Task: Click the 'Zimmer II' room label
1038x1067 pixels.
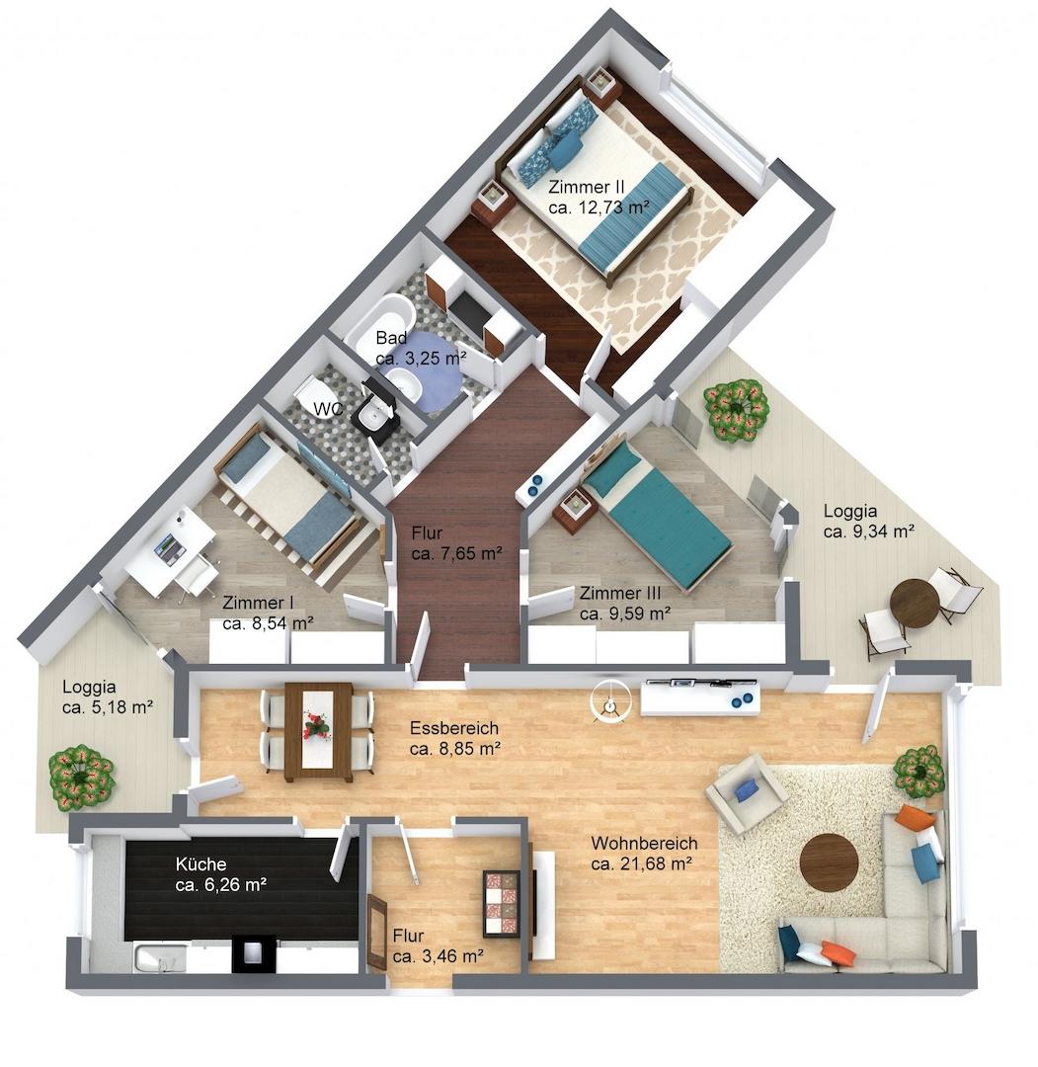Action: click(x=587, y=187)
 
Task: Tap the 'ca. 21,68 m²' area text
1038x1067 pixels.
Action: click(x=641, y=864)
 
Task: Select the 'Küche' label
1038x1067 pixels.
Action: click(x=200, y=864)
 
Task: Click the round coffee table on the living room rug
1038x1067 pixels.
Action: click(x=830, y=862)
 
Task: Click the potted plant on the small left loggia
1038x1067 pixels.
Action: click(x=81, y=778)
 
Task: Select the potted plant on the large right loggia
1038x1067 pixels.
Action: click(x=736, y=411)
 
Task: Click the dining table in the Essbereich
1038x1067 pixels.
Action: click(x=318, y=731)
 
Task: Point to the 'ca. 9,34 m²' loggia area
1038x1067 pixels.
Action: click(x=868, y=532)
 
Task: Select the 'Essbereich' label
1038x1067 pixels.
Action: click(x=454, y=728)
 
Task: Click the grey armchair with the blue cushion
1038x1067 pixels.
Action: click(x=747, y=792)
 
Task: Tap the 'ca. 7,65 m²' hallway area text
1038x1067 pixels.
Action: click(x=456, y=553)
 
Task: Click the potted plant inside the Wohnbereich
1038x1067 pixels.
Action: click(x=919, y=771)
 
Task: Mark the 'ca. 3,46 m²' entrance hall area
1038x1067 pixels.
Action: click(x=439, y=956)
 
